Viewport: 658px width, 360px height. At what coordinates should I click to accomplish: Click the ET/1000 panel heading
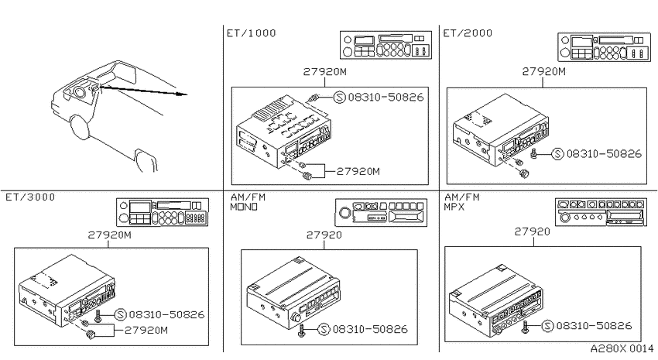(x=252, y=33)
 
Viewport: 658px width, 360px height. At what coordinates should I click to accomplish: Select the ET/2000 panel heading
(x=468, y=33)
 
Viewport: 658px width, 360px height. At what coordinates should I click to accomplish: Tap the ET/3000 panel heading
(x=30, y=197)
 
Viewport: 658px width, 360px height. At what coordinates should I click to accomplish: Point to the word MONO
(x=244, y=207)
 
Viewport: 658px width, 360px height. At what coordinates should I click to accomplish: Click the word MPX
(x=454, y=207)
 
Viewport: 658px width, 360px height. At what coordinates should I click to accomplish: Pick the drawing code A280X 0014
(x=622, y=348)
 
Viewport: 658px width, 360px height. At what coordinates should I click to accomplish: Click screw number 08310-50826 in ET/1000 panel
(x=386, y=98)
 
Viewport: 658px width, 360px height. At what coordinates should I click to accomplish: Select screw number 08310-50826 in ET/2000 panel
(x=604, y=154)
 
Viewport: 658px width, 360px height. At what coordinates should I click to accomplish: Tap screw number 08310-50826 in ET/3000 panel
(x=166, y=314)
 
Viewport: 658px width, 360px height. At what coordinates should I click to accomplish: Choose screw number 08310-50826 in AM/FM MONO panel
(x=370, y=329)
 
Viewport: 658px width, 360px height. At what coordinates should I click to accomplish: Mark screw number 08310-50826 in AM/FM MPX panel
(x=595, y=326)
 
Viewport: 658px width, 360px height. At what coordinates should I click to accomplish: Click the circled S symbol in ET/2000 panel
(x=557, y=154)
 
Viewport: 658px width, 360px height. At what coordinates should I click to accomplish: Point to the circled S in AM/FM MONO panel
(x=324, y=329)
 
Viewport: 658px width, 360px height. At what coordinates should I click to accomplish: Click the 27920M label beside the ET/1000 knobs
(x=358, y=171)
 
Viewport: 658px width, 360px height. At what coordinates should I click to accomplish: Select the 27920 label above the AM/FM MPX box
(x=532, y=231)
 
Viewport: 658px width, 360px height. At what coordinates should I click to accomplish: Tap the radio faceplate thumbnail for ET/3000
(x=163, y=212)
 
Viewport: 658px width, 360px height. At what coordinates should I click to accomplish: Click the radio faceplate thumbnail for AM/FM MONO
(x=381, y=212)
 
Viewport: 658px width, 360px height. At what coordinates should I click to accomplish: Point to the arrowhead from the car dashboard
(x=182, y=94)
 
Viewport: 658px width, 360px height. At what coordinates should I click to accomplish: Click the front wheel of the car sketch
(x=81, y=128)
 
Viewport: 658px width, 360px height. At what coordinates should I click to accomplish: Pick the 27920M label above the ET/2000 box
(x=544, y=72)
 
